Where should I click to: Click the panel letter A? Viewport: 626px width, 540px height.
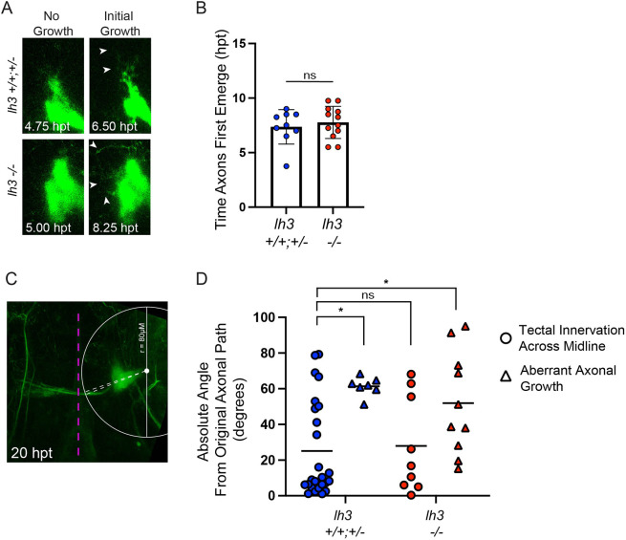(x=7, y=8)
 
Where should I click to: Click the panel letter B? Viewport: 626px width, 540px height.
(x=201, y=8)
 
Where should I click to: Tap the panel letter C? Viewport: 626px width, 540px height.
(x=11, y=278)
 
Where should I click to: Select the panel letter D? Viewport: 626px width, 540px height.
(x=202, y=278)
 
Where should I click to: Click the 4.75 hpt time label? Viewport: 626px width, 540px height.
(x=47, y=126)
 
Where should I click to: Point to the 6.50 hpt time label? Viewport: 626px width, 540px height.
(x=115, y=126)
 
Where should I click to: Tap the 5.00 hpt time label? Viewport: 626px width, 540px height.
(x=49, y=227)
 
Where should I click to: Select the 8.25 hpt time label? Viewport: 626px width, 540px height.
(x=116, y=227)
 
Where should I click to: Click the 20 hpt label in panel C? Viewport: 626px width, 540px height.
(x=32, y=453)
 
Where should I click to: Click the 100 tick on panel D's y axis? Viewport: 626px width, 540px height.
(x=265, y=317)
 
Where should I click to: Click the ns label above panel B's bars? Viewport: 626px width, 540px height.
(x=310, y=76)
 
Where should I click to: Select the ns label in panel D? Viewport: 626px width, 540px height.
(x=368, y=295)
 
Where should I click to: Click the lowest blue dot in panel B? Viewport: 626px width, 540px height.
(x=287, y=166)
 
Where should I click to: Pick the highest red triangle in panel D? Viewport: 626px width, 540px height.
(x=465, y=327)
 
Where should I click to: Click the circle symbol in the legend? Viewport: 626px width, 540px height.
(x=506, y=338)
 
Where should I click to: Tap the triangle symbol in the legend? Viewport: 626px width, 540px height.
(x=506, y=377)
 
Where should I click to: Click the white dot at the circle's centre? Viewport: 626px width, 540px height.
(x=146, y=371)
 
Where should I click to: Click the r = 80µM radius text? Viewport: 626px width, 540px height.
(x=142, y=337)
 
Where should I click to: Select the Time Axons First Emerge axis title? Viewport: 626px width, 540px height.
(x=222, y=130)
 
